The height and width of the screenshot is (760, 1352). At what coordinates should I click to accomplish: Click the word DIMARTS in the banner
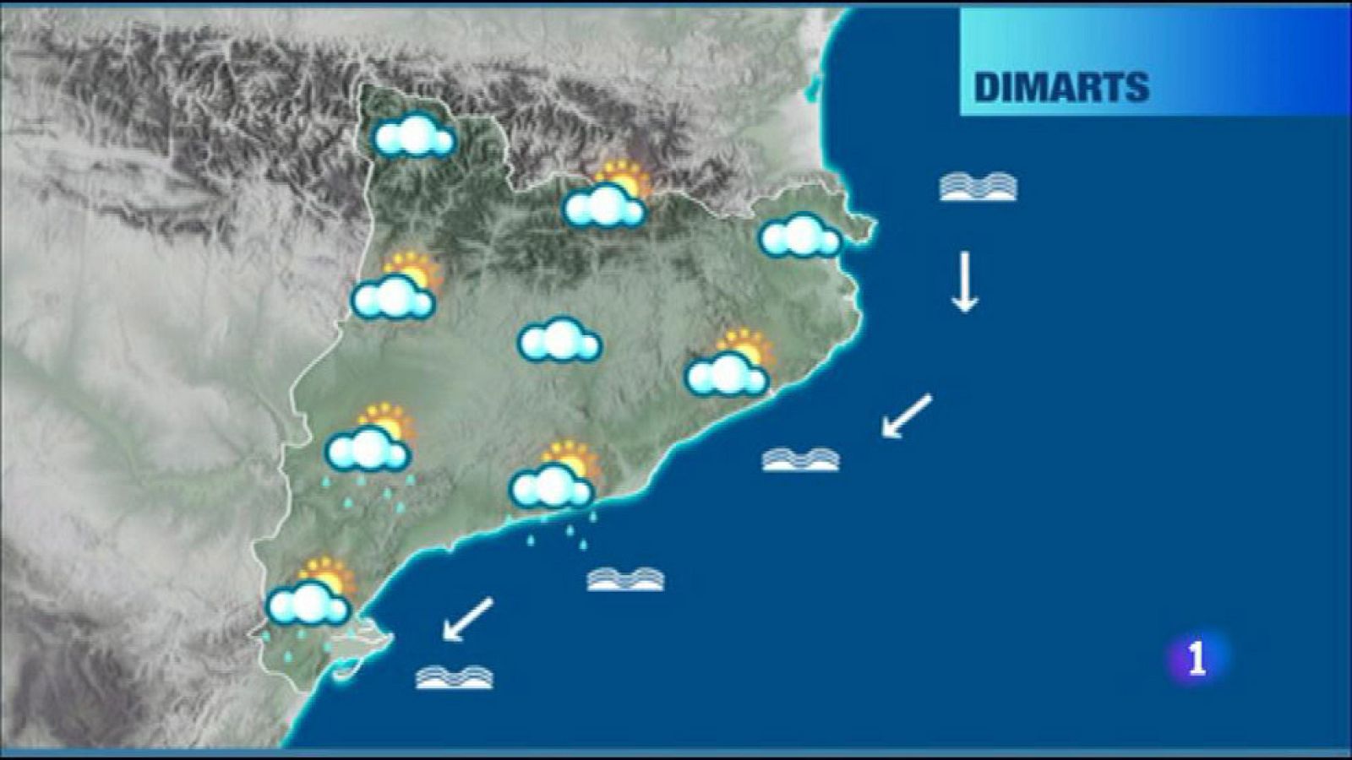click(1061, 87)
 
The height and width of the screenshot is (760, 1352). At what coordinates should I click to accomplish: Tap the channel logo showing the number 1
click(1196, 658)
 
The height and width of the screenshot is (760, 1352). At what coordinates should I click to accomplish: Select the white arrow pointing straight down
click(964, 282)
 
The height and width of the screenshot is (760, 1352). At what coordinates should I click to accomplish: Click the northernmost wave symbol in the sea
click(978, 187)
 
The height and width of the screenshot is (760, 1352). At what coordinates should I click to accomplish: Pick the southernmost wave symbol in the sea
click(454, 677)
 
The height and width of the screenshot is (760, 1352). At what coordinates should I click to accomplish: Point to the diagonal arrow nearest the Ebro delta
click(467, 619)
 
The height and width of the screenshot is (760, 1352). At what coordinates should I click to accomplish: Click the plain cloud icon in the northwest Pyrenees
click(414, 138)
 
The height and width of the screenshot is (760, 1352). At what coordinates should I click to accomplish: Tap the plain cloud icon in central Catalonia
click(559, 340)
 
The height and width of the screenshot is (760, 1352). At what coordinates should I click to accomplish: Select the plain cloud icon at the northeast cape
click(800, 236)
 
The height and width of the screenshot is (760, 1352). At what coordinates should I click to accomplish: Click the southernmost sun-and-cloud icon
click(310, 594)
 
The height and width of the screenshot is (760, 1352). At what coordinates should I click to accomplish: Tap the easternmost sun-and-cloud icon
click(729, 365)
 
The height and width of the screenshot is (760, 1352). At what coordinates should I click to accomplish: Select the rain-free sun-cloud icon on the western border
click(395, 288)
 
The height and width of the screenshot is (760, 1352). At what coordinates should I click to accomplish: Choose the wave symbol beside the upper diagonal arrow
click(800, 459)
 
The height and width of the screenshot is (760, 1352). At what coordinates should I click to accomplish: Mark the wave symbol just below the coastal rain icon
click(625, 579)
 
